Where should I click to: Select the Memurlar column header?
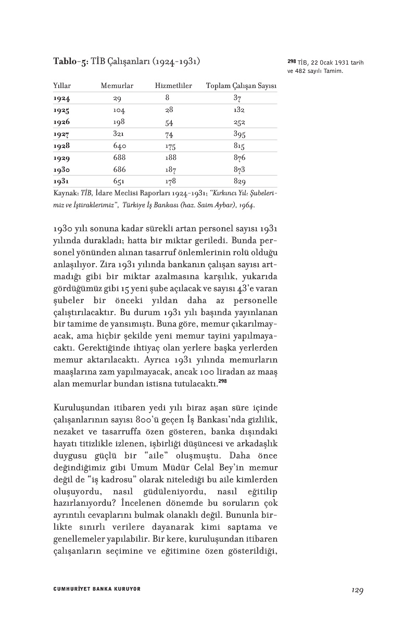tap(117, 85)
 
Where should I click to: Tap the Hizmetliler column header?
tap(173, 85)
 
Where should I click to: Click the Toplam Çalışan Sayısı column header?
tap(241, 85)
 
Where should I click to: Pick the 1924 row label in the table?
tap(61, 98)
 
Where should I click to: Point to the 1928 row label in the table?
tap(61, 146)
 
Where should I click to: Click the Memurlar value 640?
tap(120, 146)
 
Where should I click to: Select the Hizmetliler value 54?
tap(169, 122)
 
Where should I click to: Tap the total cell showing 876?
tap(239, 158)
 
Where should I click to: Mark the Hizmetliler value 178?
tap(170, 182)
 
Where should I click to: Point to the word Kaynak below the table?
tap(65, 193)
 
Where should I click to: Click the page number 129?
tap(357, 590)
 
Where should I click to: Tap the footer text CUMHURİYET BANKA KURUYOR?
tap(97, 589)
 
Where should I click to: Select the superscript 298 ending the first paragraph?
tap(222, 382)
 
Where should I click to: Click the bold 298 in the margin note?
tap(292, 63)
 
